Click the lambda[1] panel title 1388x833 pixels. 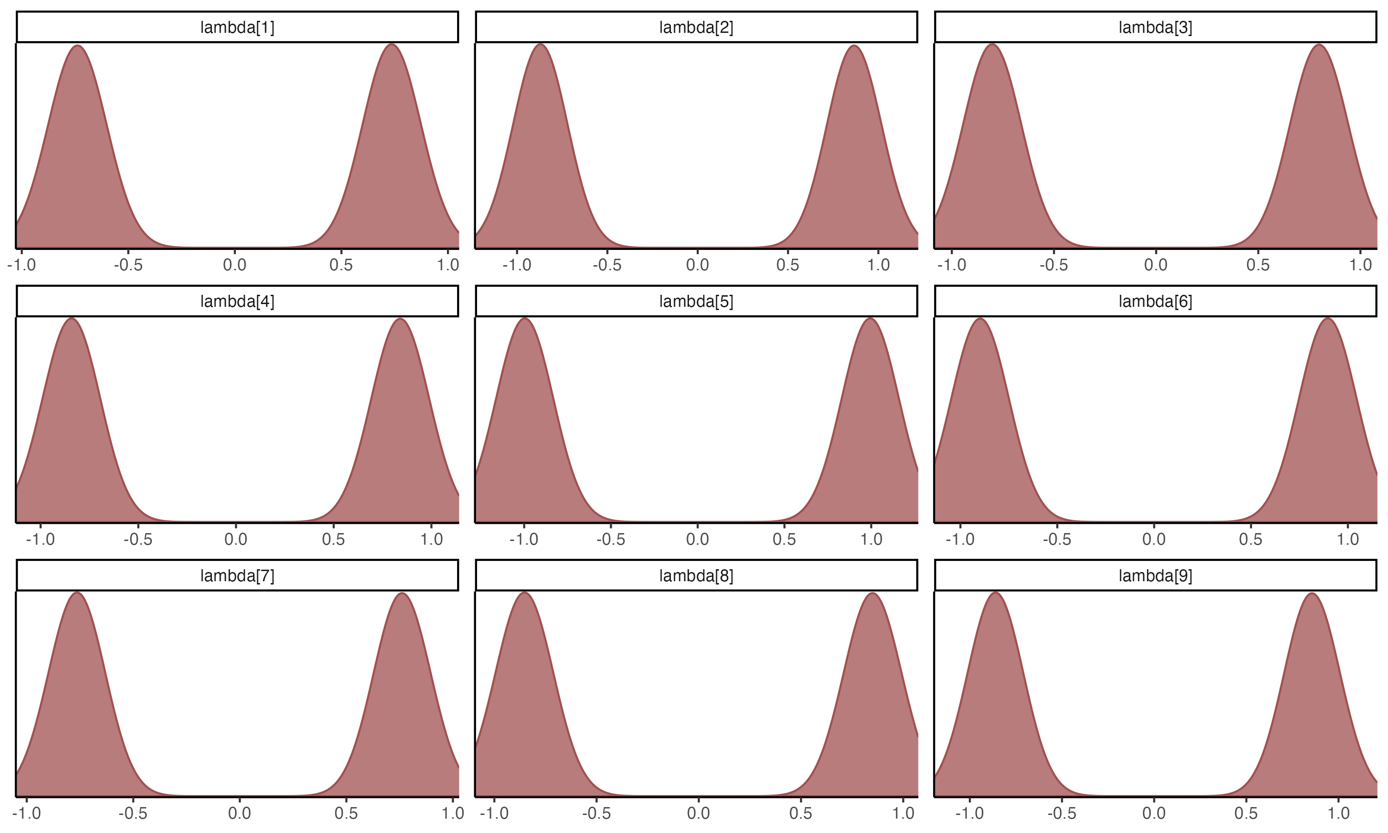237,27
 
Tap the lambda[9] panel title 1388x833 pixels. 1155,576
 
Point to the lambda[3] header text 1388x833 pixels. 1155,27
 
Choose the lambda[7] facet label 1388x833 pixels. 237,576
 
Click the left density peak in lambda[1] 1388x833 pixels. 78,47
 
